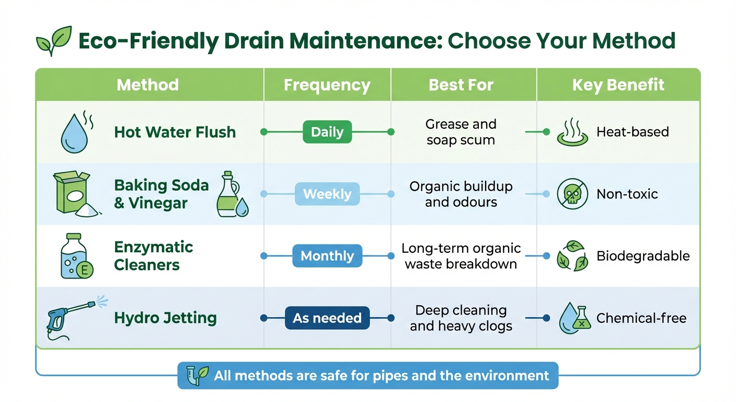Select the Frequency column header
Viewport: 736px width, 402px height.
click(x=327, y=85)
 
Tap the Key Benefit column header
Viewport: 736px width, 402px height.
click(x=618, y=85)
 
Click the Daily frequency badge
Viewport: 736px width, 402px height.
click(x=327, y=132)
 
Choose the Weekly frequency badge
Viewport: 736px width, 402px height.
click(x=327, y=194)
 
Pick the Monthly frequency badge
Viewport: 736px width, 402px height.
click(x=327, y=256)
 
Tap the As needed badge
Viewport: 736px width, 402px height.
click(x=327, y=318)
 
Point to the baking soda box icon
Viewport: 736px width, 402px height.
click(x=71, y=194)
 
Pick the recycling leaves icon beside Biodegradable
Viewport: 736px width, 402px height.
click(x=571, y=256)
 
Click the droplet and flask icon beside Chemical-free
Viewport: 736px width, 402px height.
click(x=574, y=318)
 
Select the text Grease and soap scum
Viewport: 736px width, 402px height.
click(x=461, y=132)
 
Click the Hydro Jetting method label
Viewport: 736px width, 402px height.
click(x=165, y=318)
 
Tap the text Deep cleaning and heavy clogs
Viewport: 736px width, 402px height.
click(x=461, y=318)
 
